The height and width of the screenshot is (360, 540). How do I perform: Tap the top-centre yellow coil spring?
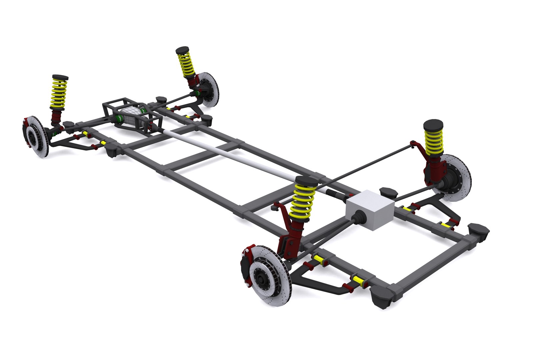(186, 65)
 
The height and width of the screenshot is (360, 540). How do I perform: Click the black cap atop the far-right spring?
(433, 125)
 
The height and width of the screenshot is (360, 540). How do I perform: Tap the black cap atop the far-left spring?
(60, 77)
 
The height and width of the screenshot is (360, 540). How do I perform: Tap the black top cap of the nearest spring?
(306, 182)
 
